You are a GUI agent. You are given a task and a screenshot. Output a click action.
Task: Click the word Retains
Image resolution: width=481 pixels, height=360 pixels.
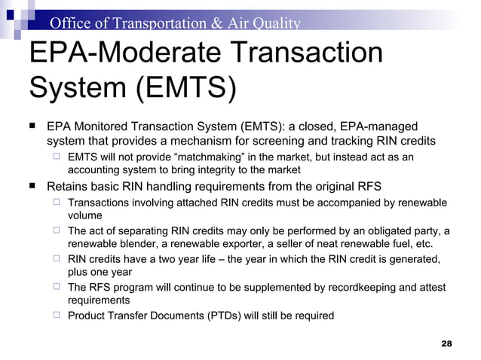pyautogui.click(x=69, y=187)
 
